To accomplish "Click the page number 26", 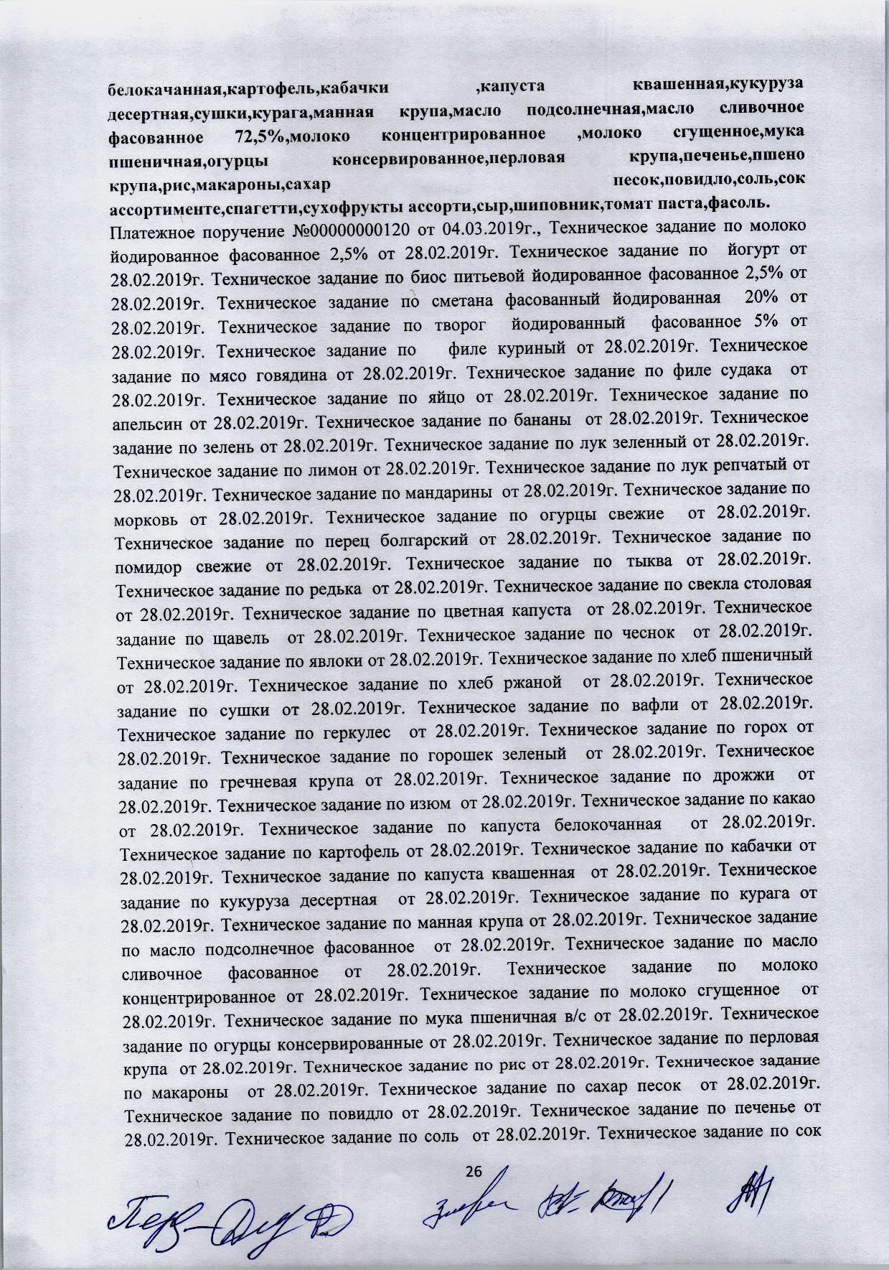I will coord(473,1172).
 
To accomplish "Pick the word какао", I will coord(792,797).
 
